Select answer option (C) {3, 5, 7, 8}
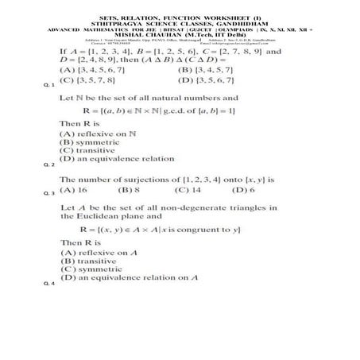(x=91, y=80)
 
